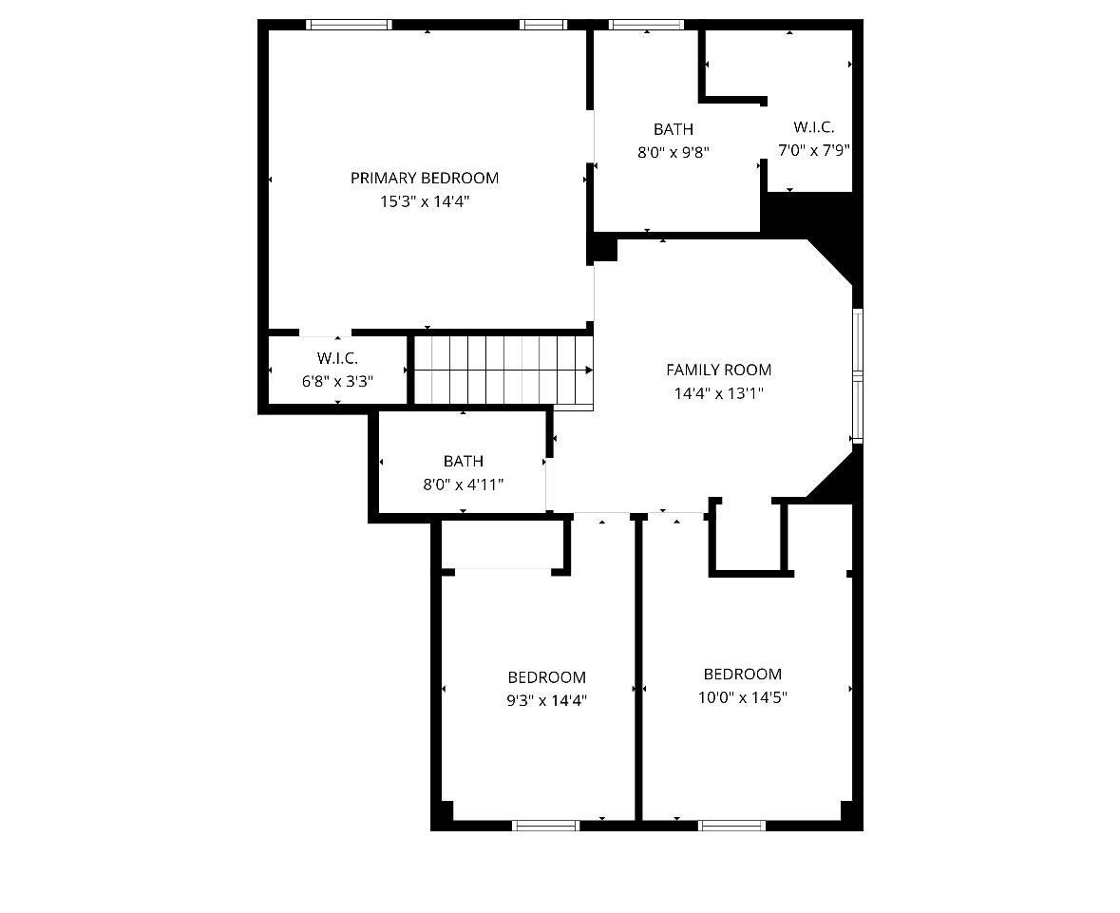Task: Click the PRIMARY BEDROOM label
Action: coord(425,178)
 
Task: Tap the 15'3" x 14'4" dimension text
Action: coord(425,201)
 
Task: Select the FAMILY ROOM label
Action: coord(718,370)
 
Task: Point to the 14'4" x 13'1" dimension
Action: coord(718,393)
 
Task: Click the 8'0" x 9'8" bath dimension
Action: coord(673,152)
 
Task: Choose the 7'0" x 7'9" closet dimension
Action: coord(813,150)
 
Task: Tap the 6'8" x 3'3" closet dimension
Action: coord(338,381)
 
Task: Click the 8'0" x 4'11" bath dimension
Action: coord(464,485)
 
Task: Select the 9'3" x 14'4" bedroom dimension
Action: coord(547,700)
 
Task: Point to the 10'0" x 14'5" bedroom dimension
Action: coord(743,696)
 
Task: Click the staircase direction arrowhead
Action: coord(589,371)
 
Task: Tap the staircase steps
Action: coord(503,371)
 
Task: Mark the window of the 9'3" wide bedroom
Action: coord(545,826)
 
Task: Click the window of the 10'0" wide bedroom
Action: coord(732,826)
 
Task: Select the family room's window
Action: coord(858,376)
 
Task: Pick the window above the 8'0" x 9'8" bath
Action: coord(646,25)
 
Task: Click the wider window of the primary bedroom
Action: coord(350,25)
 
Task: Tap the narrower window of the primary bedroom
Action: coord(543,25)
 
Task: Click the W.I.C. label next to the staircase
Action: coord(338,357)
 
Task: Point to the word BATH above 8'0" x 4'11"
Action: coord(464,461)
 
